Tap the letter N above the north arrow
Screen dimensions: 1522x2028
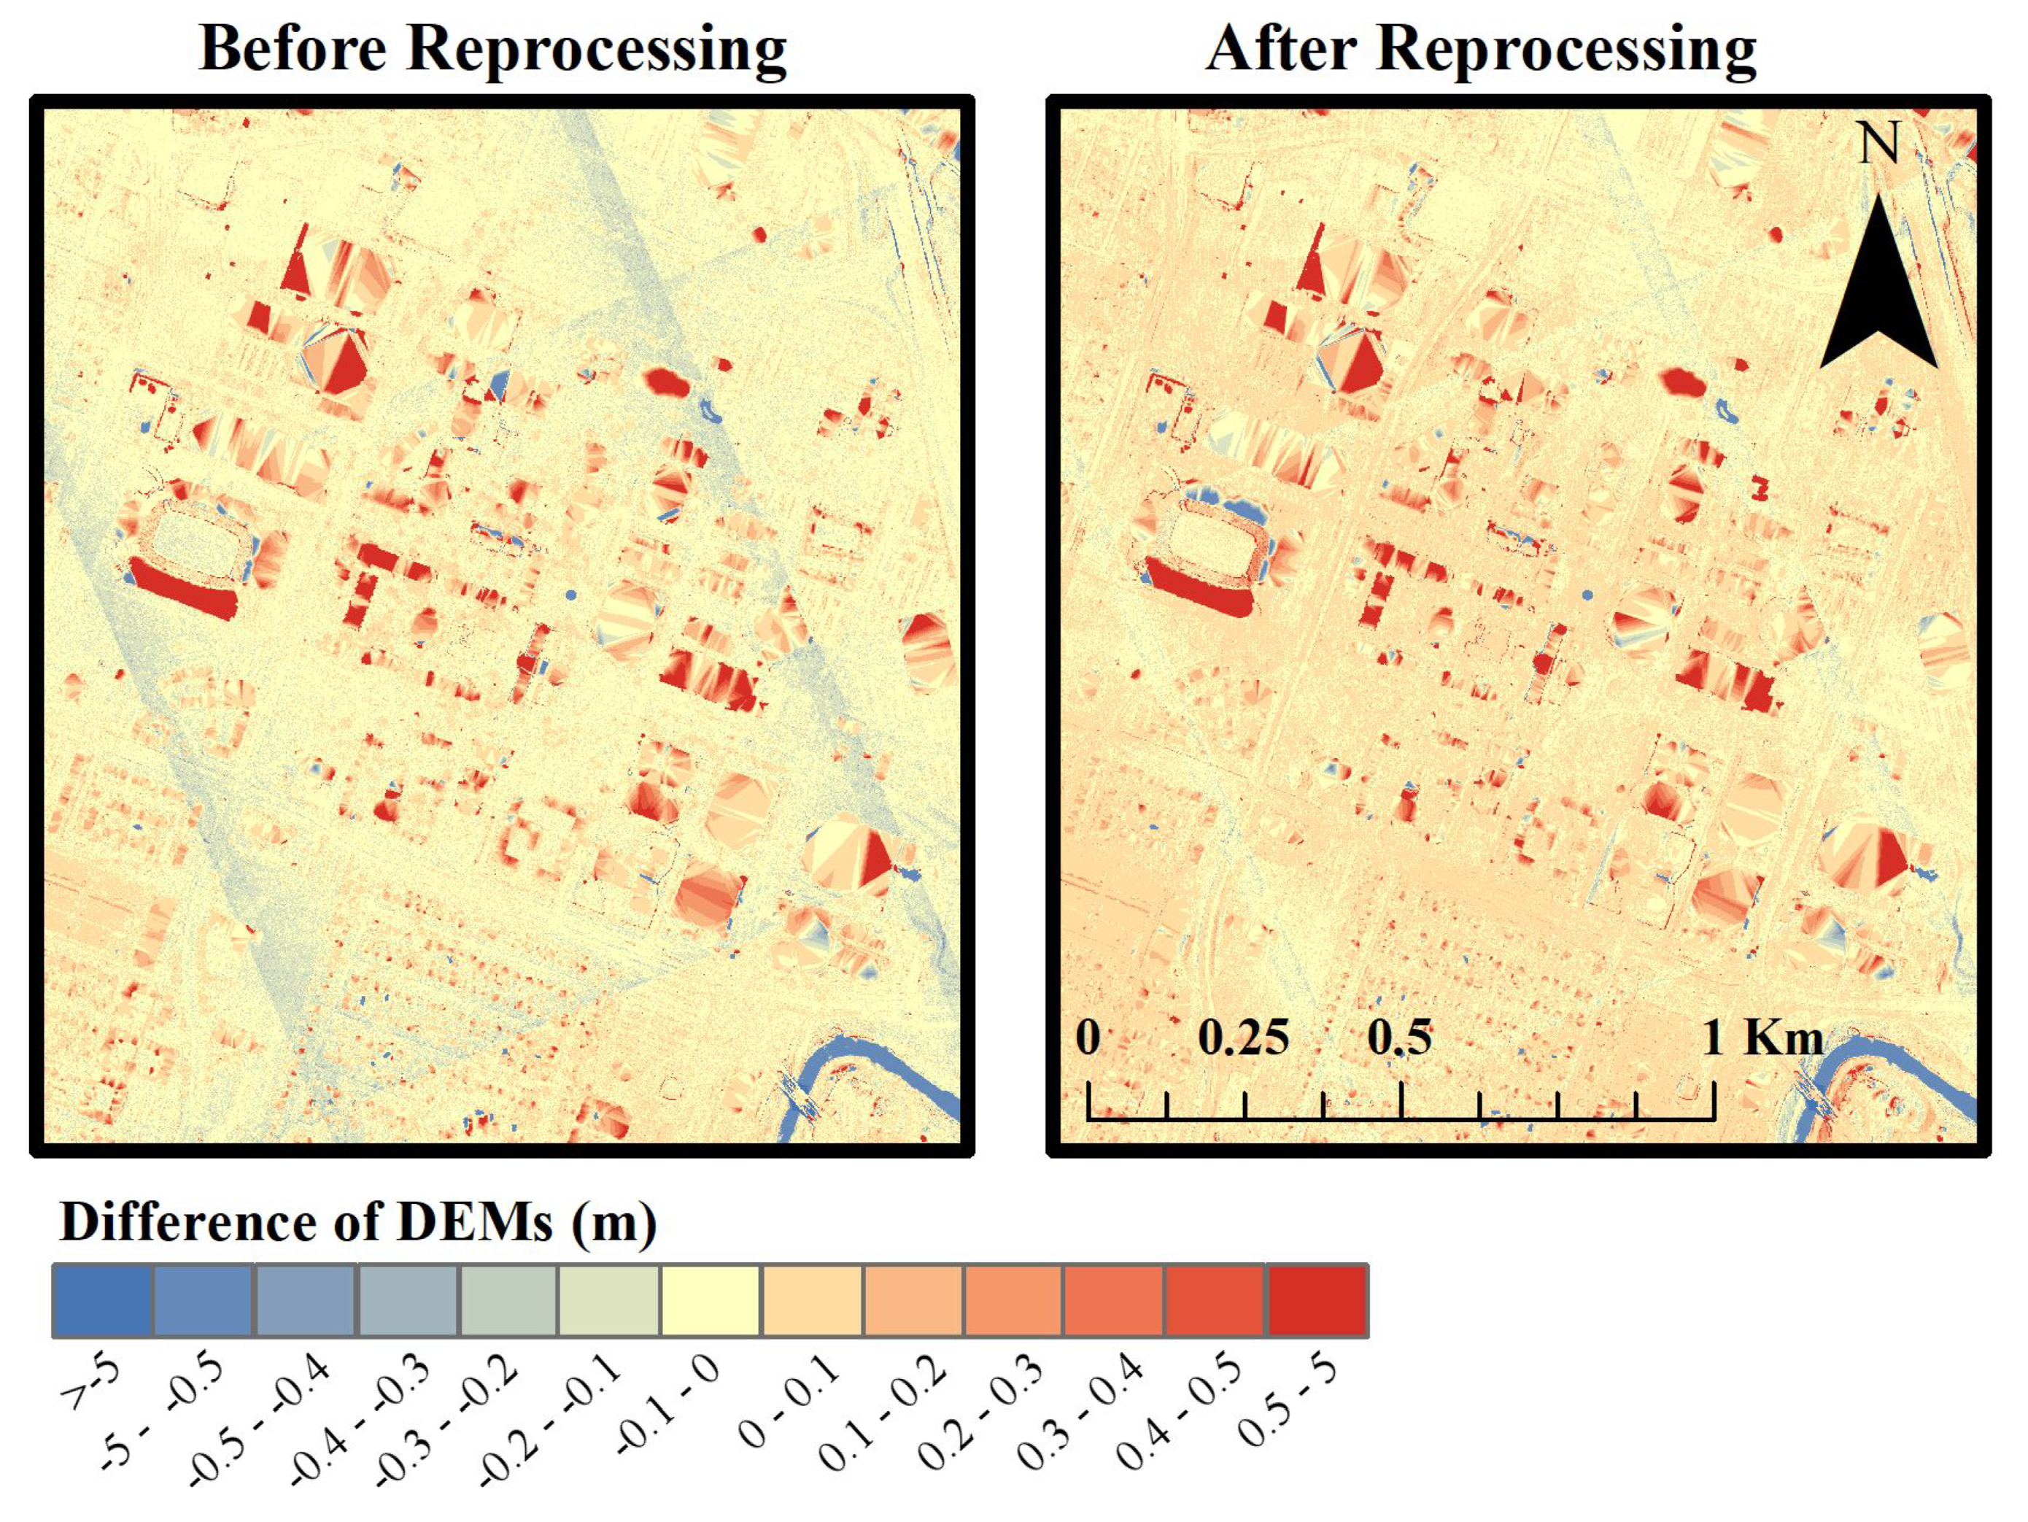point(1878,144)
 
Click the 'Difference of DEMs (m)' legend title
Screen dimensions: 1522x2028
point(357,1222)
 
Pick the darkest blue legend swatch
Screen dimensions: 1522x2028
point(102,1300)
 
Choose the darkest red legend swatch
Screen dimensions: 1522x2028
point(1317,1300)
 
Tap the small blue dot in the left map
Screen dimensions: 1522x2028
point(571,595)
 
